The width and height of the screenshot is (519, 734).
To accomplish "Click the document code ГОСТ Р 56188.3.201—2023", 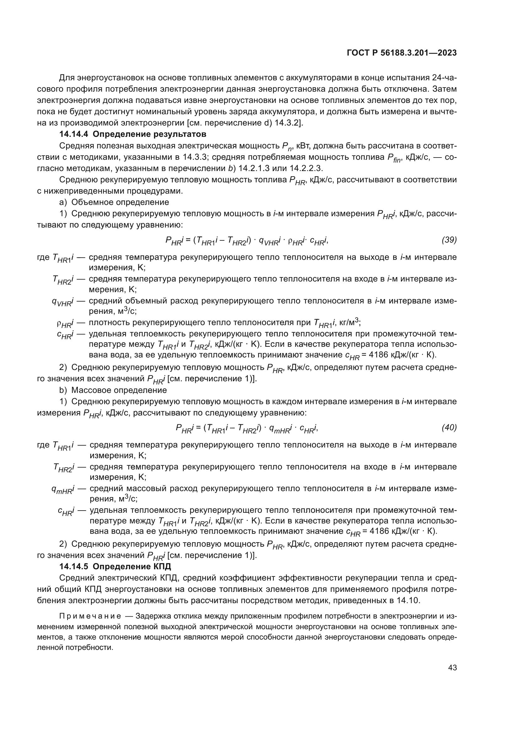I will (402, 53).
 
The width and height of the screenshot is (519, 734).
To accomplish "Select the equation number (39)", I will (449, 240).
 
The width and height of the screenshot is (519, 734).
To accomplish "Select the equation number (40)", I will (449, 428).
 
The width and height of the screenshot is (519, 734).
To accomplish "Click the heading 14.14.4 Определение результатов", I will (133, 134).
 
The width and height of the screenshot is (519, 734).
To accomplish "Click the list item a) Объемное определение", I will (114, 202).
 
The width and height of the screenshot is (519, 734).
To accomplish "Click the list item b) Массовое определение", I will (113, 390).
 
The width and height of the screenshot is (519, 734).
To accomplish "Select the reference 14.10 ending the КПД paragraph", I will (407, 600).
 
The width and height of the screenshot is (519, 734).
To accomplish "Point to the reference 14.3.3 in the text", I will (197, 157).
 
